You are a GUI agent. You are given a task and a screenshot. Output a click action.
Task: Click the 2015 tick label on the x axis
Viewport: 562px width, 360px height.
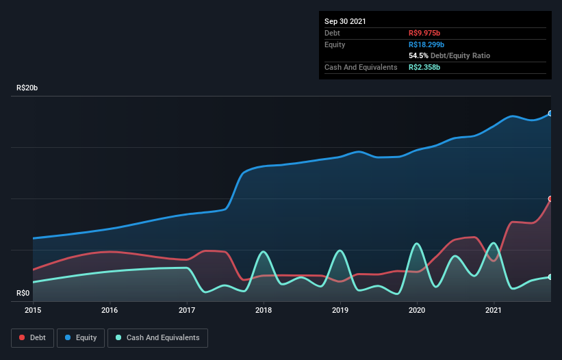tap(33, 310)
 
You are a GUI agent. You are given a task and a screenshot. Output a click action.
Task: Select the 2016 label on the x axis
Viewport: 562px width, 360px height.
tap(110, 310)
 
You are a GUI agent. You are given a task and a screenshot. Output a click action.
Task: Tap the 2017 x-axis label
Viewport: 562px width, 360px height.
tap(187, 310)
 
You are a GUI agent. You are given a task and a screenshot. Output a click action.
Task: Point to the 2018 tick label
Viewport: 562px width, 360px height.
tap(264, 310)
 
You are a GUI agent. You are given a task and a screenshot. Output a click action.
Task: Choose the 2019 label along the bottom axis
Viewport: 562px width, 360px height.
tap(340, 310)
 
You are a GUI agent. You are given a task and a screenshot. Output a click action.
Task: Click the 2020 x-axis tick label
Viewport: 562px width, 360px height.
tap(417, 310)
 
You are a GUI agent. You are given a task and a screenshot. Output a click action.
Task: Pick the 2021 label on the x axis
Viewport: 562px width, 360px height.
tap(494, 310)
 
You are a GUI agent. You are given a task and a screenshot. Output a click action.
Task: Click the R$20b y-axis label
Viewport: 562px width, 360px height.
tap(32, 88)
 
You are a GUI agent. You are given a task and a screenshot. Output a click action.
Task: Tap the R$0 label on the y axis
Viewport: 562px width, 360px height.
tap(23, 293)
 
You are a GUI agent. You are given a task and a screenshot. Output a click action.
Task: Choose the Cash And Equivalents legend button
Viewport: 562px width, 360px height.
tap(157, 337)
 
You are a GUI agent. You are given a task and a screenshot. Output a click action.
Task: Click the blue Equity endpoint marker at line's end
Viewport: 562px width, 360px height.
tap(550, 114)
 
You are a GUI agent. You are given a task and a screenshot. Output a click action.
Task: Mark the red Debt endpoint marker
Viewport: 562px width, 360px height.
tap(550, 199)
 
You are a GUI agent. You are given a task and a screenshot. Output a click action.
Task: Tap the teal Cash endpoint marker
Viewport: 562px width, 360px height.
tap(550, 277)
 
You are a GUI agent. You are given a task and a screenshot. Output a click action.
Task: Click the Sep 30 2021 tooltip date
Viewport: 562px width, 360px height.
tap(345, 21)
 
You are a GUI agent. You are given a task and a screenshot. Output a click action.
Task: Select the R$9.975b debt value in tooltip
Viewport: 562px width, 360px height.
tap(425, 33)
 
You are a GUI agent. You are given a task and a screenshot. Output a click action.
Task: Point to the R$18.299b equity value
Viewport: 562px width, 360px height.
tap(427, 44)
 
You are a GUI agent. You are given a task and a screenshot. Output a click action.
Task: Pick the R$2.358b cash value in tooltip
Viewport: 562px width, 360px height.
tap(425, 67)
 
